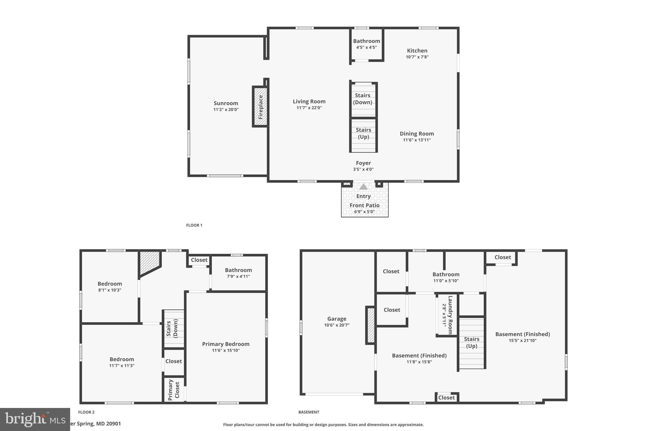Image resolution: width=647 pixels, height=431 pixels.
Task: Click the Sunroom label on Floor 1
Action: coord(226,103)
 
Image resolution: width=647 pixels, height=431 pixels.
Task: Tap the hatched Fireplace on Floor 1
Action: coord(260,107)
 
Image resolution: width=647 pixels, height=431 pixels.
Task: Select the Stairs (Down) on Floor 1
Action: coord(363,99)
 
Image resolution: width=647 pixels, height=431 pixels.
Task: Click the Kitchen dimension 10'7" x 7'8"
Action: coord(417,57)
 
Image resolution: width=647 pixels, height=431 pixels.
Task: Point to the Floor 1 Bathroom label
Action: coord(366,41)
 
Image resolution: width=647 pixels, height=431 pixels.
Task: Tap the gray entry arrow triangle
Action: coord(363,187)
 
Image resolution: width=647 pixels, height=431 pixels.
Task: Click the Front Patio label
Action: coord(364,205)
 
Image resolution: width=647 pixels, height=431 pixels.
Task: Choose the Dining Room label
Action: coord(417,134)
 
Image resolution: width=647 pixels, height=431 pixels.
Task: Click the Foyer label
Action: coord(363,163)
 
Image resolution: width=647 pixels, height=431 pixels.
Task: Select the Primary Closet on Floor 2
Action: coord(174,390)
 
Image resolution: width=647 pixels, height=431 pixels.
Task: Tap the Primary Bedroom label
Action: coord(226,344)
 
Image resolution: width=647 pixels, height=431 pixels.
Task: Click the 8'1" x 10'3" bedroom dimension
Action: coord(110,290)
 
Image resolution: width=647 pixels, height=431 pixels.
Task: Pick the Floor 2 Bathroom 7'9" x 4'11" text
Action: coord(238,276)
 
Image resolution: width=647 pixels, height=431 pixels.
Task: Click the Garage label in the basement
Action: coord(336,319)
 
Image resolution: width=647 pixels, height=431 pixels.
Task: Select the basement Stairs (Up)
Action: coord(471,343)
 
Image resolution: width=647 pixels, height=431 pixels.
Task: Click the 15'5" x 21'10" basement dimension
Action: coord(522,340)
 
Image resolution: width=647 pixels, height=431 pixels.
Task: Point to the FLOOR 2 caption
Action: coord(86,412)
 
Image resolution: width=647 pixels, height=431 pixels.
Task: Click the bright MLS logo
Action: coord(35,419)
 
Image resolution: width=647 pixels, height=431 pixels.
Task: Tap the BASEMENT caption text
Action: coord(309,412)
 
